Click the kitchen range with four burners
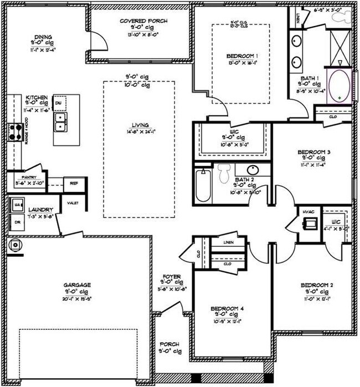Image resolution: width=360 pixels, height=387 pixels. [x=14, y=133]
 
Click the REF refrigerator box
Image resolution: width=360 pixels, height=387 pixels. [x=73, y=184]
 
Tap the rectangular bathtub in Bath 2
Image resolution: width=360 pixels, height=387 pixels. [x=203, y=187]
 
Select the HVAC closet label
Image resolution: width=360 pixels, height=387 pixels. [x=308, y=212]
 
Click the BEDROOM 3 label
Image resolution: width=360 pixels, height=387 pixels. [x=314, y=151]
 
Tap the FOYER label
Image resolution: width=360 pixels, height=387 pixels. [x=169, y=276]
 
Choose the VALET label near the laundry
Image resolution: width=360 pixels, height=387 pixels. [x=73, y=203]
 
